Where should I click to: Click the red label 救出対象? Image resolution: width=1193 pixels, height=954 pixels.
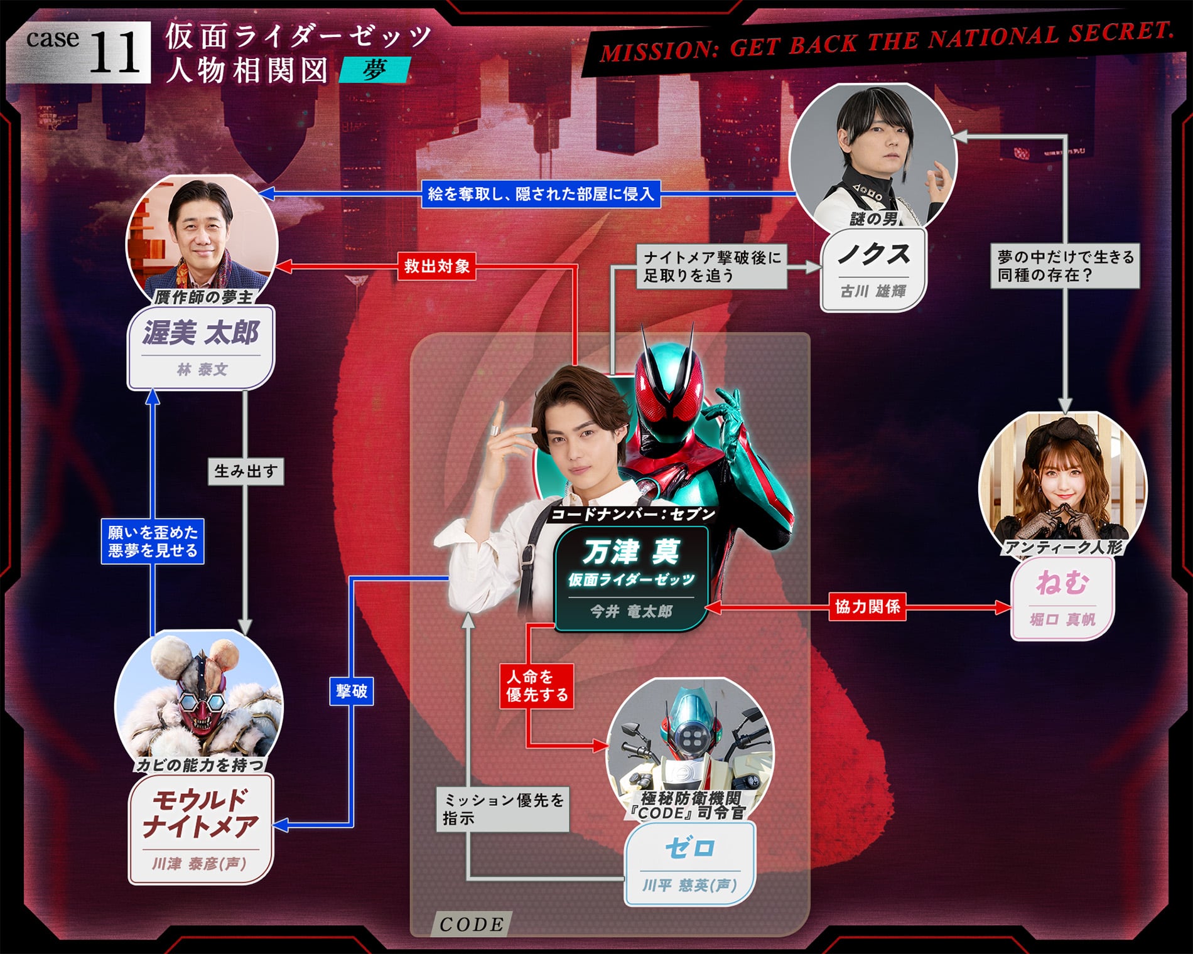click(436, 266)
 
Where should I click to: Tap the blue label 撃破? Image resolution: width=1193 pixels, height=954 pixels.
click(352, 691)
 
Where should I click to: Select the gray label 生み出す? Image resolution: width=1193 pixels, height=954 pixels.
click(246, 471)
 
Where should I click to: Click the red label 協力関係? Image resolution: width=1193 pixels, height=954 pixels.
click(868, 606)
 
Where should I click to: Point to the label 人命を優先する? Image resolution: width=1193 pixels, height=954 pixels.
click(537, 685)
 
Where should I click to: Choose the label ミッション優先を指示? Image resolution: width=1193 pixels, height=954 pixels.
click(503, 809)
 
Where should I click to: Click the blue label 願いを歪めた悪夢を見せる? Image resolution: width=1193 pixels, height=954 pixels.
click(153, 541)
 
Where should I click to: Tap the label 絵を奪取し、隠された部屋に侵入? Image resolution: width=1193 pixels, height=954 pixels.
click(541, 194)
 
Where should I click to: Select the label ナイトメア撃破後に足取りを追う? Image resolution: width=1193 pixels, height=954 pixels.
click(712, 266)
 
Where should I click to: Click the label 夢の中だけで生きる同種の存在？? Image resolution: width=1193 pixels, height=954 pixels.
click(1066, 266)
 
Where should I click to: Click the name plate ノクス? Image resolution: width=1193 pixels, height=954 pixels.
click(873, 269)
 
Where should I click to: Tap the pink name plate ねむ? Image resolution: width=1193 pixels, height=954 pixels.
click(1062, 598)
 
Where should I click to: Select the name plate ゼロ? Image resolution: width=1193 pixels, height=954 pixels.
click(689, 864)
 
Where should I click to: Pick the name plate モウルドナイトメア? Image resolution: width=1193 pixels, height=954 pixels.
click(201, 828)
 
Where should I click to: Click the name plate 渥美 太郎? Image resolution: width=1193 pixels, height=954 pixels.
click(201, 347)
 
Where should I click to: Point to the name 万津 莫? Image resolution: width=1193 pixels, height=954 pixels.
click(631, 552)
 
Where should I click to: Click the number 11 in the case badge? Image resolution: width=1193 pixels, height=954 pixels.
click(116, 53)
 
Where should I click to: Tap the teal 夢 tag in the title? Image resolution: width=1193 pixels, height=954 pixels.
click(374, 70)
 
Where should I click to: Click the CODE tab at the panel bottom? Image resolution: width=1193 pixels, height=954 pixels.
click(472, 924)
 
